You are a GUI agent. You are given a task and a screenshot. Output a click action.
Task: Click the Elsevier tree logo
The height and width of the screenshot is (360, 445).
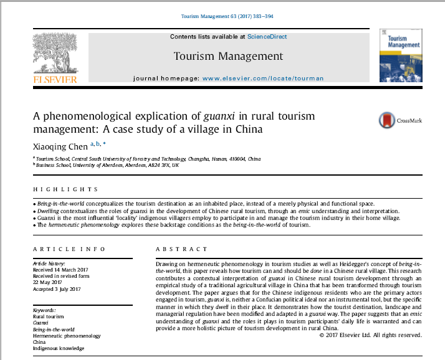pos(54,54)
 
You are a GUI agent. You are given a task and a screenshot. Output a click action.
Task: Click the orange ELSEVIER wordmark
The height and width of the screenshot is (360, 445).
pos(54,80)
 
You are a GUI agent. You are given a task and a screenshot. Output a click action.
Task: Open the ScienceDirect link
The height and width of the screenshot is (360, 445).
pos(267,37)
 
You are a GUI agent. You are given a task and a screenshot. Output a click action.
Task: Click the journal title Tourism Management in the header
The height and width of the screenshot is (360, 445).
pos(228,57)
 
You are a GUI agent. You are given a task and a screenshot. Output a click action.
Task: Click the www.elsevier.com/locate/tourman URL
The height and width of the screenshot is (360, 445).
pos(262,78)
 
